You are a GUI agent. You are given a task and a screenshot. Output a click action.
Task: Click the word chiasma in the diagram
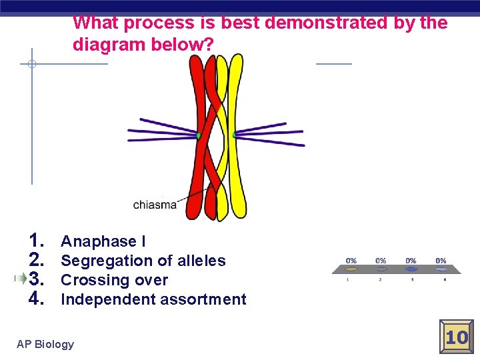point(155,205)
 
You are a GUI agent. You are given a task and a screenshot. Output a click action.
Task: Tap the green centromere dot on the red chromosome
point(199,136)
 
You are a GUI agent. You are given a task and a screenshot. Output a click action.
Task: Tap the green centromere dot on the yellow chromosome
point(234,136)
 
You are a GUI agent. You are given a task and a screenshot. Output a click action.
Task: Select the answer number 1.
point(37,241)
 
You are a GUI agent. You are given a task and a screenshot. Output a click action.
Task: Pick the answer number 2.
point(37,260)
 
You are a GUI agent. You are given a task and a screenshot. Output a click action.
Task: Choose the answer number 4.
point(37,299)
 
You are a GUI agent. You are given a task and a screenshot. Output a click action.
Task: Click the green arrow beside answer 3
point(22,279)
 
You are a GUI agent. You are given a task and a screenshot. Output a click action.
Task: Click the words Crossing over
point(114,280)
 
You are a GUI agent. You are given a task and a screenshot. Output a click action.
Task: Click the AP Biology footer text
point(45,344)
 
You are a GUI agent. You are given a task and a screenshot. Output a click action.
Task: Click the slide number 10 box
point(457,337)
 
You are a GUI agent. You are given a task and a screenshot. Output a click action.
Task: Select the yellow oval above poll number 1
point(351,270)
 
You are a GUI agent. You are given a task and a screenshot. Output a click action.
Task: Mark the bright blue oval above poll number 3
point(411,270)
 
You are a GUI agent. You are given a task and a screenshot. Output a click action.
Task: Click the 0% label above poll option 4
point(441,260)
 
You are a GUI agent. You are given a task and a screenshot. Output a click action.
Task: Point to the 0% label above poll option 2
point(381,260)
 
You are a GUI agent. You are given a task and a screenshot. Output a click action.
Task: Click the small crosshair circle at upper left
point(31,65)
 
